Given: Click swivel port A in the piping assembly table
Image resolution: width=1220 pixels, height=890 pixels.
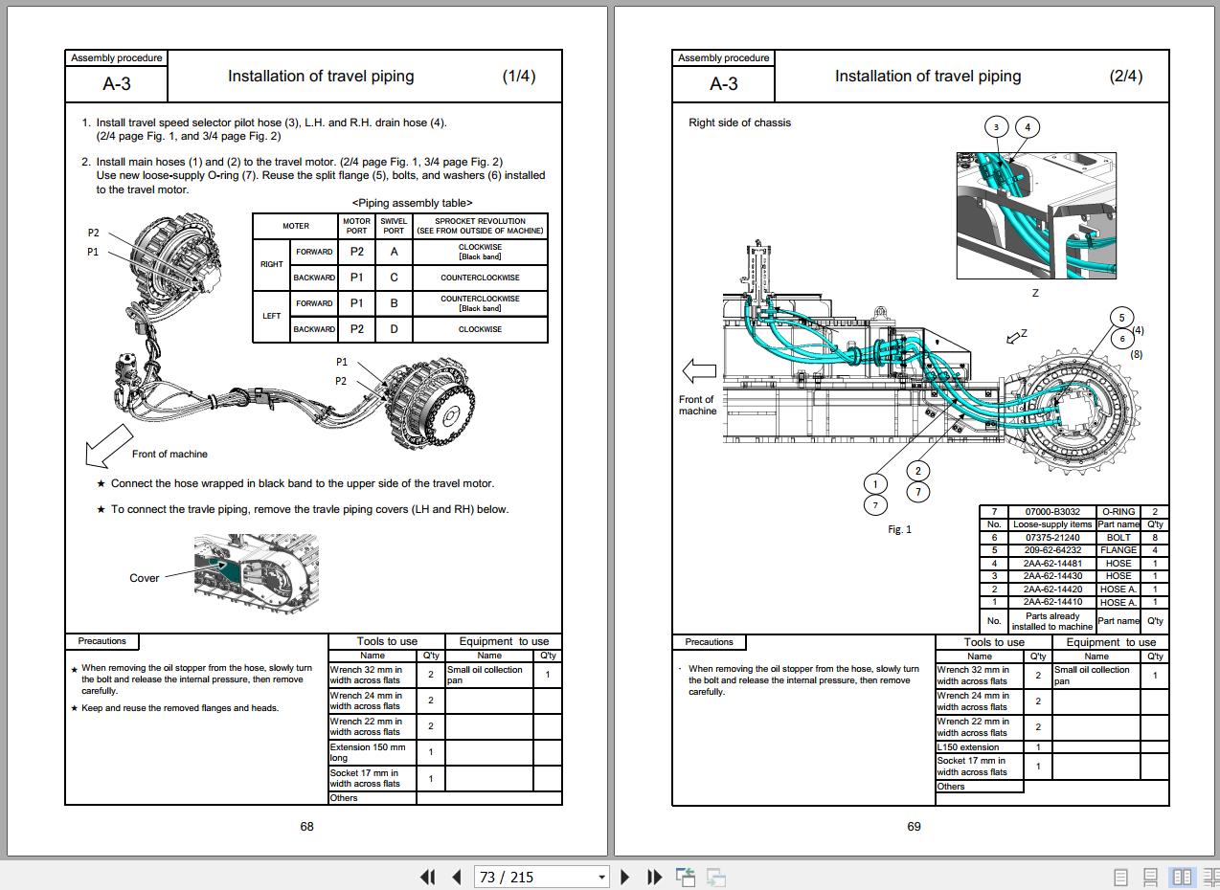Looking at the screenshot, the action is (x=394, y=252).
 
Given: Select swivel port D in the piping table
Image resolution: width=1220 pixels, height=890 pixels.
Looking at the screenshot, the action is (x=394, y=329).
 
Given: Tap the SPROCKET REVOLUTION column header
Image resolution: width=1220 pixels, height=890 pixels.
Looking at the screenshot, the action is (x=480, y=226).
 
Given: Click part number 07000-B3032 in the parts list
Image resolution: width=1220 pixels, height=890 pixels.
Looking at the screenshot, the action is (x=1052, y=512).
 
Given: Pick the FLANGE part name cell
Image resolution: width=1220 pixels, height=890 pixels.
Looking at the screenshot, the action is (x=1118, y=549).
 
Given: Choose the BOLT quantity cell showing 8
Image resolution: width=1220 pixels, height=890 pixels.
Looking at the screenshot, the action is (x=1155, y=537).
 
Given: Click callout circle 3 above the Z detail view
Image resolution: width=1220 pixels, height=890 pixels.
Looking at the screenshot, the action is (x=996, y=127).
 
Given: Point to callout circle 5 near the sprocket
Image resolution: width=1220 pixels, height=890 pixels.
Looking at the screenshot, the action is (x=1121, y=318).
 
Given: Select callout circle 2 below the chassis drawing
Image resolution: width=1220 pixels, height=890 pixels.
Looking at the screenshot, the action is (x=917, y=471).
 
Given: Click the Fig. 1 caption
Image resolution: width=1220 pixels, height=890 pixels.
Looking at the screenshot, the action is (x=899, y=529).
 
